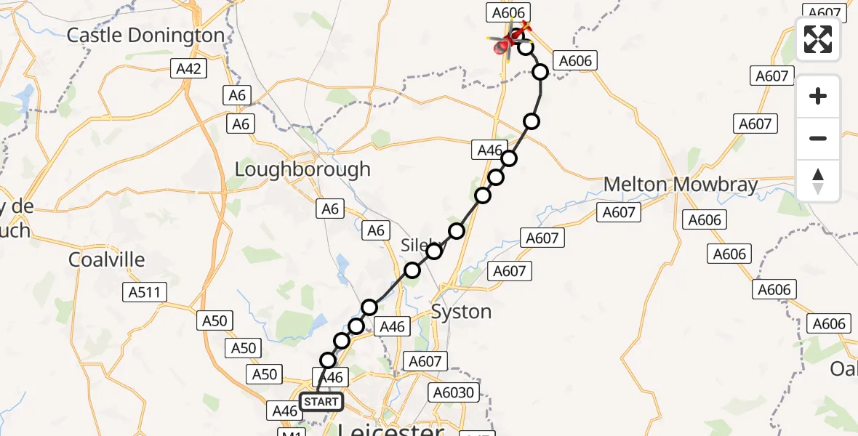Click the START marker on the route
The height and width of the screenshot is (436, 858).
coord(321,402)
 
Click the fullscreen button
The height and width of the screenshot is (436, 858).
coord(818,39)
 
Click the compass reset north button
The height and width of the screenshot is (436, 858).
coord(818,181)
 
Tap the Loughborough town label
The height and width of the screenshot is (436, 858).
coord(302,169)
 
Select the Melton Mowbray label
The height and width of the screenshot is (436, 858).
coord(681,185)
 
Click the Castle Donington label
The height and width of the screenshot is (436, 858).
coord(146,35)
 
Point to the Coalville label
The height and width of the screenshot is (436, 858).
coord(107,259)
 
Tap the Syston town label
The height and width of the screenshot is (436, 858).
coord(461,312)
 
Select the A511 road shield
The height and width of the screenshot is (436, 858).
coord(145,292)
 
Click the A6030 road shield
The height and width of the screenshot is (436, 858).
coord(454,393)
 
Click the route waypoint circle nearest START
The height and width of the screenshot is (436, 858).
coord(328,360)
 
